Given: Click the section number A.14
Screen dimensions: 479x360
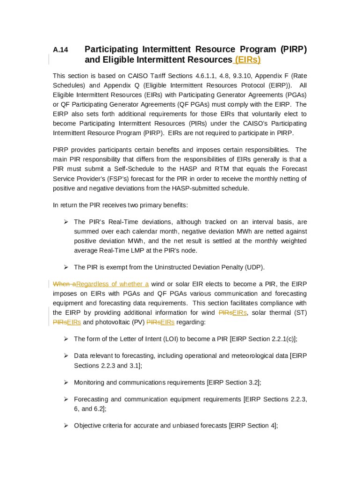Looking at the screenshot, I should click(60, 50).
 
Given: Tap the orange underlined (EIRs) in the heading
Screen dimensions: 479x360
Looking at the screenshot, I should click(247, 60).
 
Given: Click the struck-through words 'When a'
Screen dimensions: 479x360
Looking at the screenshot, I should click(64, 284).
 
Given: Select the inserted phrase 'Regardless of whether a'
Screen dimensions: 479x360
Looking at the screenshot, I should click(112, 284).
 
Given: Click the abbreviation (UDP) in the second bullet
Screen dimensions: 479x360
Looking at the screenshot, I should click(255, 267).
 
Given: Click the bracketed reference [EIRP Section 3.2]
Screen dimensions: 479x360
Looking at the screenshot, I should click(234, 382).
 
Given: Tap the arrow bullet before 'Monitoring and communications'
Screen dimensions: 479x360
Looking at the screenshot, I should click(66, 382).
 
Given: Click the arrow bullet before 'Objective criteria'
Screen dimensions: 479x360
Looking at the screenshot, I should click(66, 425).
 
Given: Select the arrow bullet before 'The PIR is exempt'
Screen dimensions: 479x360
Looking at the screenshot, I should click(66, 267).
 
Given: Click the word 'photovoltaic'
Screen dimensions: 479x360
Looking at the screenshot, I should click(109, 322).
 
